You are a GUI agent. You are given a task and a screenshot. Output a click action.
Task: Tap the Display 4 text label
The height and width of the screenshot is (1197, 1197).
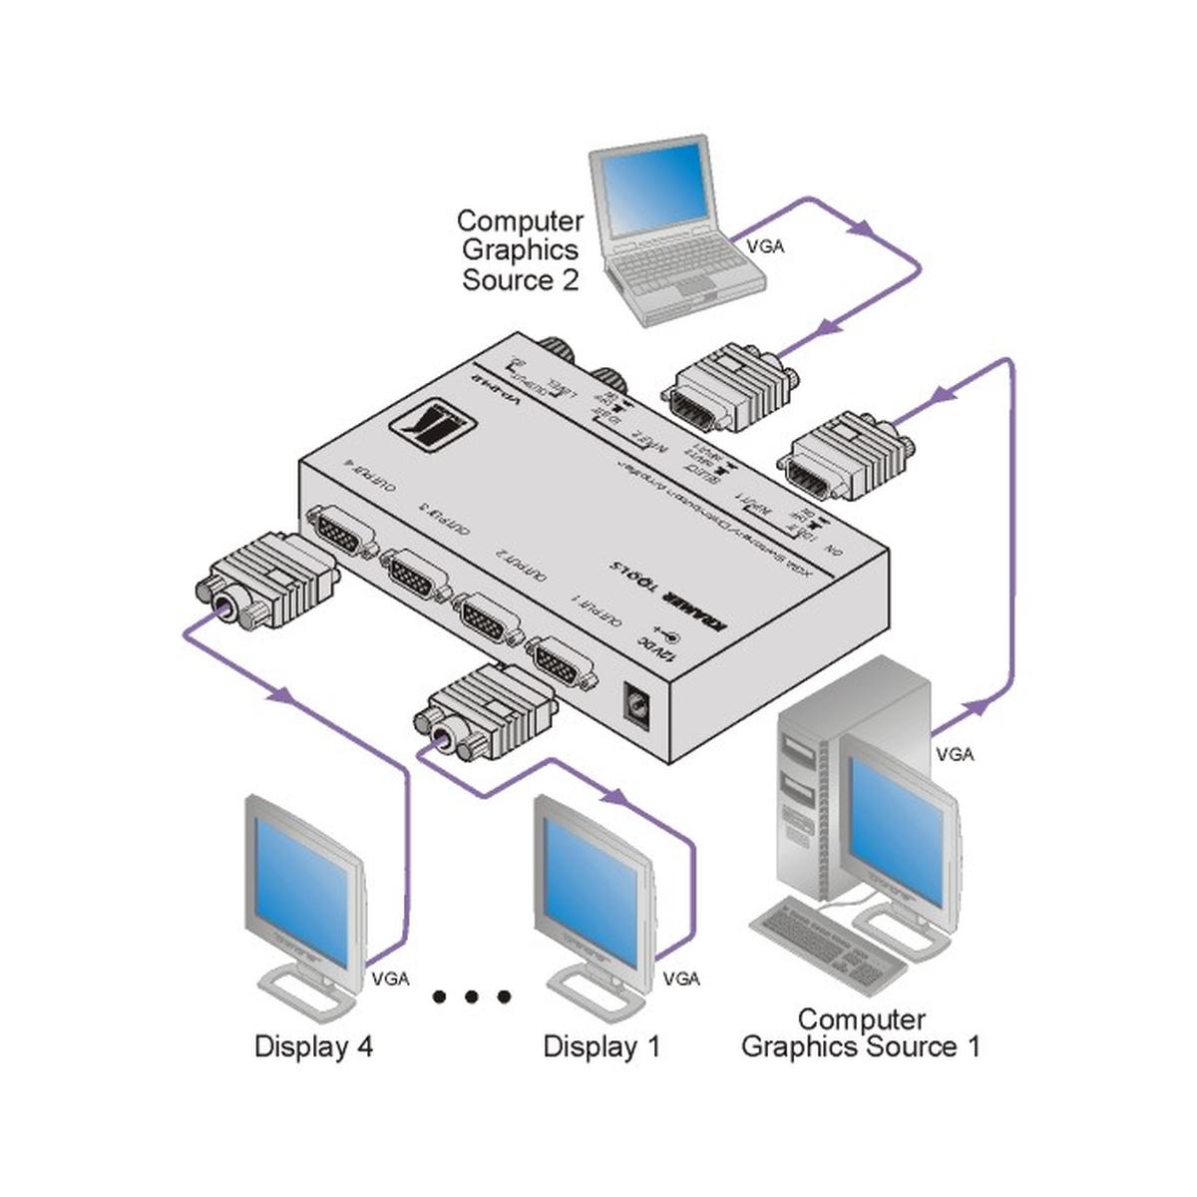coord(313,1047)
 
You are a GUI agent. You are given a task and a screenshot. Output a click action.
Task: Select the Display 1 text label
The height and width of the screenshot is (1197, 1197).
coord(601,1047)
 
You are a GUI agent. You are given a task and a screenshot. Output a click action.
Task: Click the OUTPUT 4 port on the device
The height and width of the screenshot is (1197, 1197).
coord(341,535)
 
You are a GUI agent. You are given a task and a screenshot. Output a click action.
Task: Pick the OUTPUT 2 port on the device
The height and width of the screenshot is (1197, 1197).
coord(489,617)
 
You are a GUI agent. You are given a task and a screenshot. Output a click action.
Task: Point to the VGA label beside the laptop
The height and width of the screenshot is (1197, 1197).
coord(764,245)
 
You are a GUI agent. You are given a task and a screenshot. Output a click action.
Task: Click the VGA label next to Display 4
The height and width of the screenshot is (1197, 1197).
coord(390,979)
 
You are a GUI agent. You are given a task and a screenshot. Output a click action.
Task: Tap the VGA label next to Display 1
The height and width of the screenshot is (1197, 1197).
coord(681,979)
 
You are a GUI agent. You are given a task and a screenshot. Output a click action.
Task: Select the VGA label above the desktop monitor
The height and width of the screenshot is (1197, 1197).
coord(955,755)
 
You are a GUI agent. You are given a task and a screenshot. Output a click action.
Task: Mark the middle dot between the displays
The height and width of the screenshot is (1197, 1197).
coord(472,997)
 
